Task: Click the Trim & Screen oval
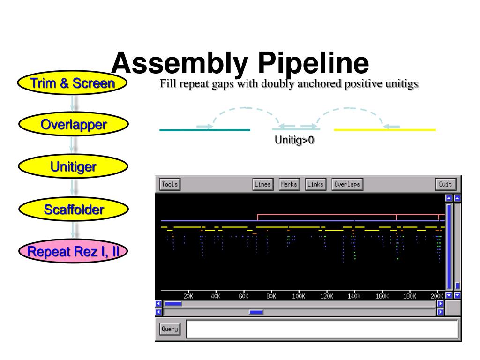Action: point(73,84)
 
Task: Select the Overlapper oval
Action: point(73,125)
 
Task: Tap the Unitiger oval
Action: point(73,166)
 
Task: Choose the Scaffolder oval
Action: point(73,210)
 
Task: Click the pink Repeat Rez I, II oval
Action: point(73,253)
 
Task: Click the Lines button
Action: point(262,184)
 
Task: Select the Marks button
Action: point(289,184)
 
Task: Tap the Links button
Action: point(315,184)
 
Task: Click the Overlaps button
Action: point(347,184)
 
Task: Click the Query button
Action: point(170,329)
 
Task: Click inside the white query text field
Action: point(322,329)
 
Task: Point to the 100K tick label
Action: point(299,296)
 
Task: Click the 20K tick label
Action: point(188,296)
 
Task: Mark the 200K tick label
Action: point(437,296)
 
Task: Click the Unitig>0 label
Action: point(294,140)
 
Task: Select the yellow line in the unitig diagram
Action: point(384,130)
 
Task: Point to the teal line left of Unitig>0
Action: point(205,130)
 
